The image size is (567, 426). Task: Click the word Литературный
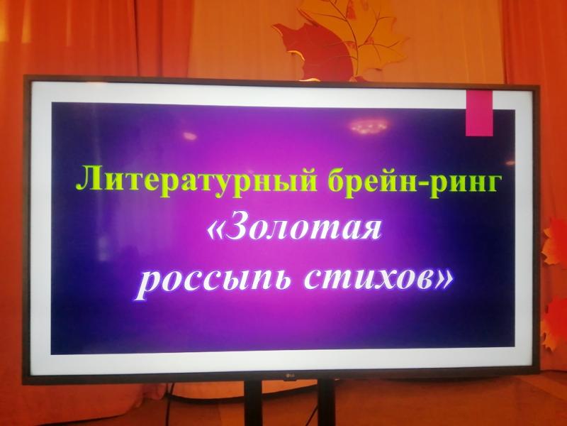pos(196,180)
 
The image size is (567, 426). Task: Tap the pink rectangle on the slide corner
pos(479,113)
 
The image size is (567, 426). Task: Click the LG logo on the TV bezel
pos(288,376)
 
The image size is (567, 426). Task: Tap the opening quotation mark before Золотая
pos(216,231)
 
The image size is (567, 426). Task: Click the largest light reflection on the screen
pos(368,127)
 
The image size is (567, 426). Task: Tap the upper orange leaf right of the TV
pos(554,242)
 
